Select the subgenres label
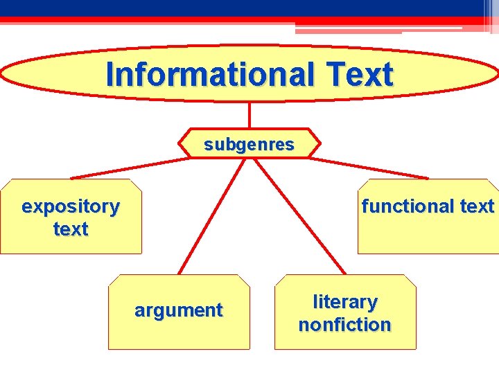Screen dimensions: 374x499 coord(249,145)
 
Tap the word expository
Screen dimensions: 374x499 coord(71,206)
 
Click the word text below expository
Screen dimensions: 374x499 coord(71,229)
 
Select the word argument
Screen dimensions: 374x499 coord(179,310)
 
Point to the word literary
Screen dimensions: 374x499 coord(345,302)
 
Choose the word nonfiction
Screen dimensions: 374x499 coord(345,324)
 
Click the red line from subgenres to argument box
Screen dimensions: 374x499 coord(204,222)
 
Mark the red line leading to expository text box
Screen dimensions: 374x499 coord(128,168)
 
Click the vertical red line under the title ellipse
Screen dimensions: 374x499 coord(249,115)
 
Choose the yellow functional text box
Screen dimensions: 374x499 coord(428,235)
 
